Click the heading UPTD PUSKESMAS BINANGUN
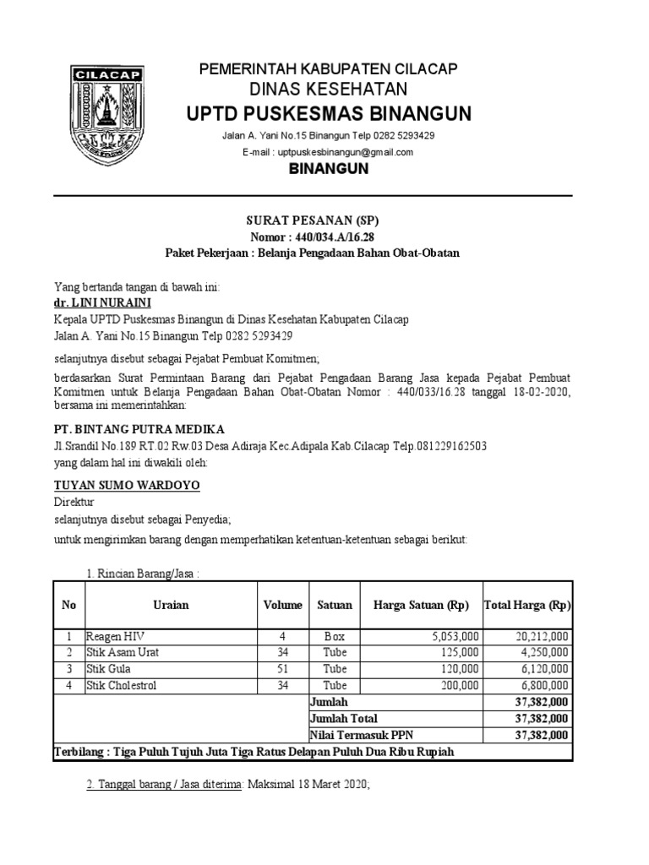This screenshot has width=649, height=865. click(x=330, y=113)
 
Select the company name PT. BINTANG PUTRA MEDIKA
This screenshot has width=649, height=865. click(x=139, y=429)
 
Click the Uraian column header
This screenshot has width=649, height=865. click(x=172, y=605)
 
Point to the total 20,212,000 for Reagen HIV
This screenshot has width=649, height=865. click(x=541, y=636)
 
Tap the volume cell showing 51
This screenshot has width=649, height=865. click(x=282, y=668)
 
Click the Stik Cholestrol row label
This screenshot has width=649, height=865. click(x=122, y=684)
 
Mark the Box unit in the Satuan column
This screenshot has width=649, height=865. click(x=335, y=636)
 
